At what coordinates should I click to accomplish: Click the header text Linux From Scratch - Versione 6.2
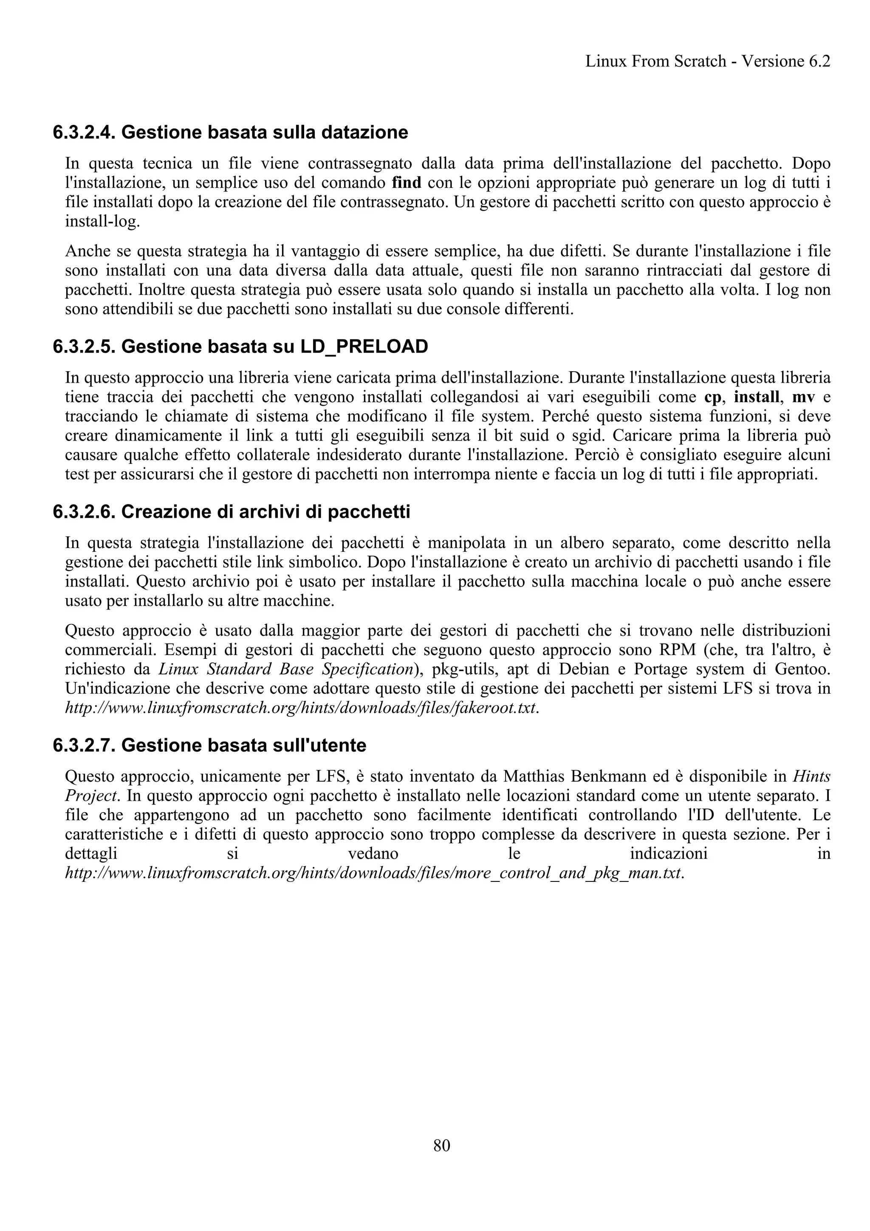pyautogui.click(x=708, y=61)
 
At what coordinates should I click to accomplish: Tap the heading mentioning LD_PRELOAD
pyautogui.click(x=240, y=347)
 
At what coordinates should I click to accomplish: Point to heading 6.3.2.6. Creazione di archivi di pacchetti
pyautogui.click(x=231, y=512)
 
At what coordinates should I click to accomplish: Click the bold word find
pyautogui.click(x=406, y=183)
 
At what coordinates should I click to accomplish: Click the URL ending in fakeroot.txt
pyautogui.click(x=301, y=708)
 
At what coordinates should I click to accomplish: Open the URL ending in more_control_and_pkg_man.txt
pyautogui.click(x=374, y=873)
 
